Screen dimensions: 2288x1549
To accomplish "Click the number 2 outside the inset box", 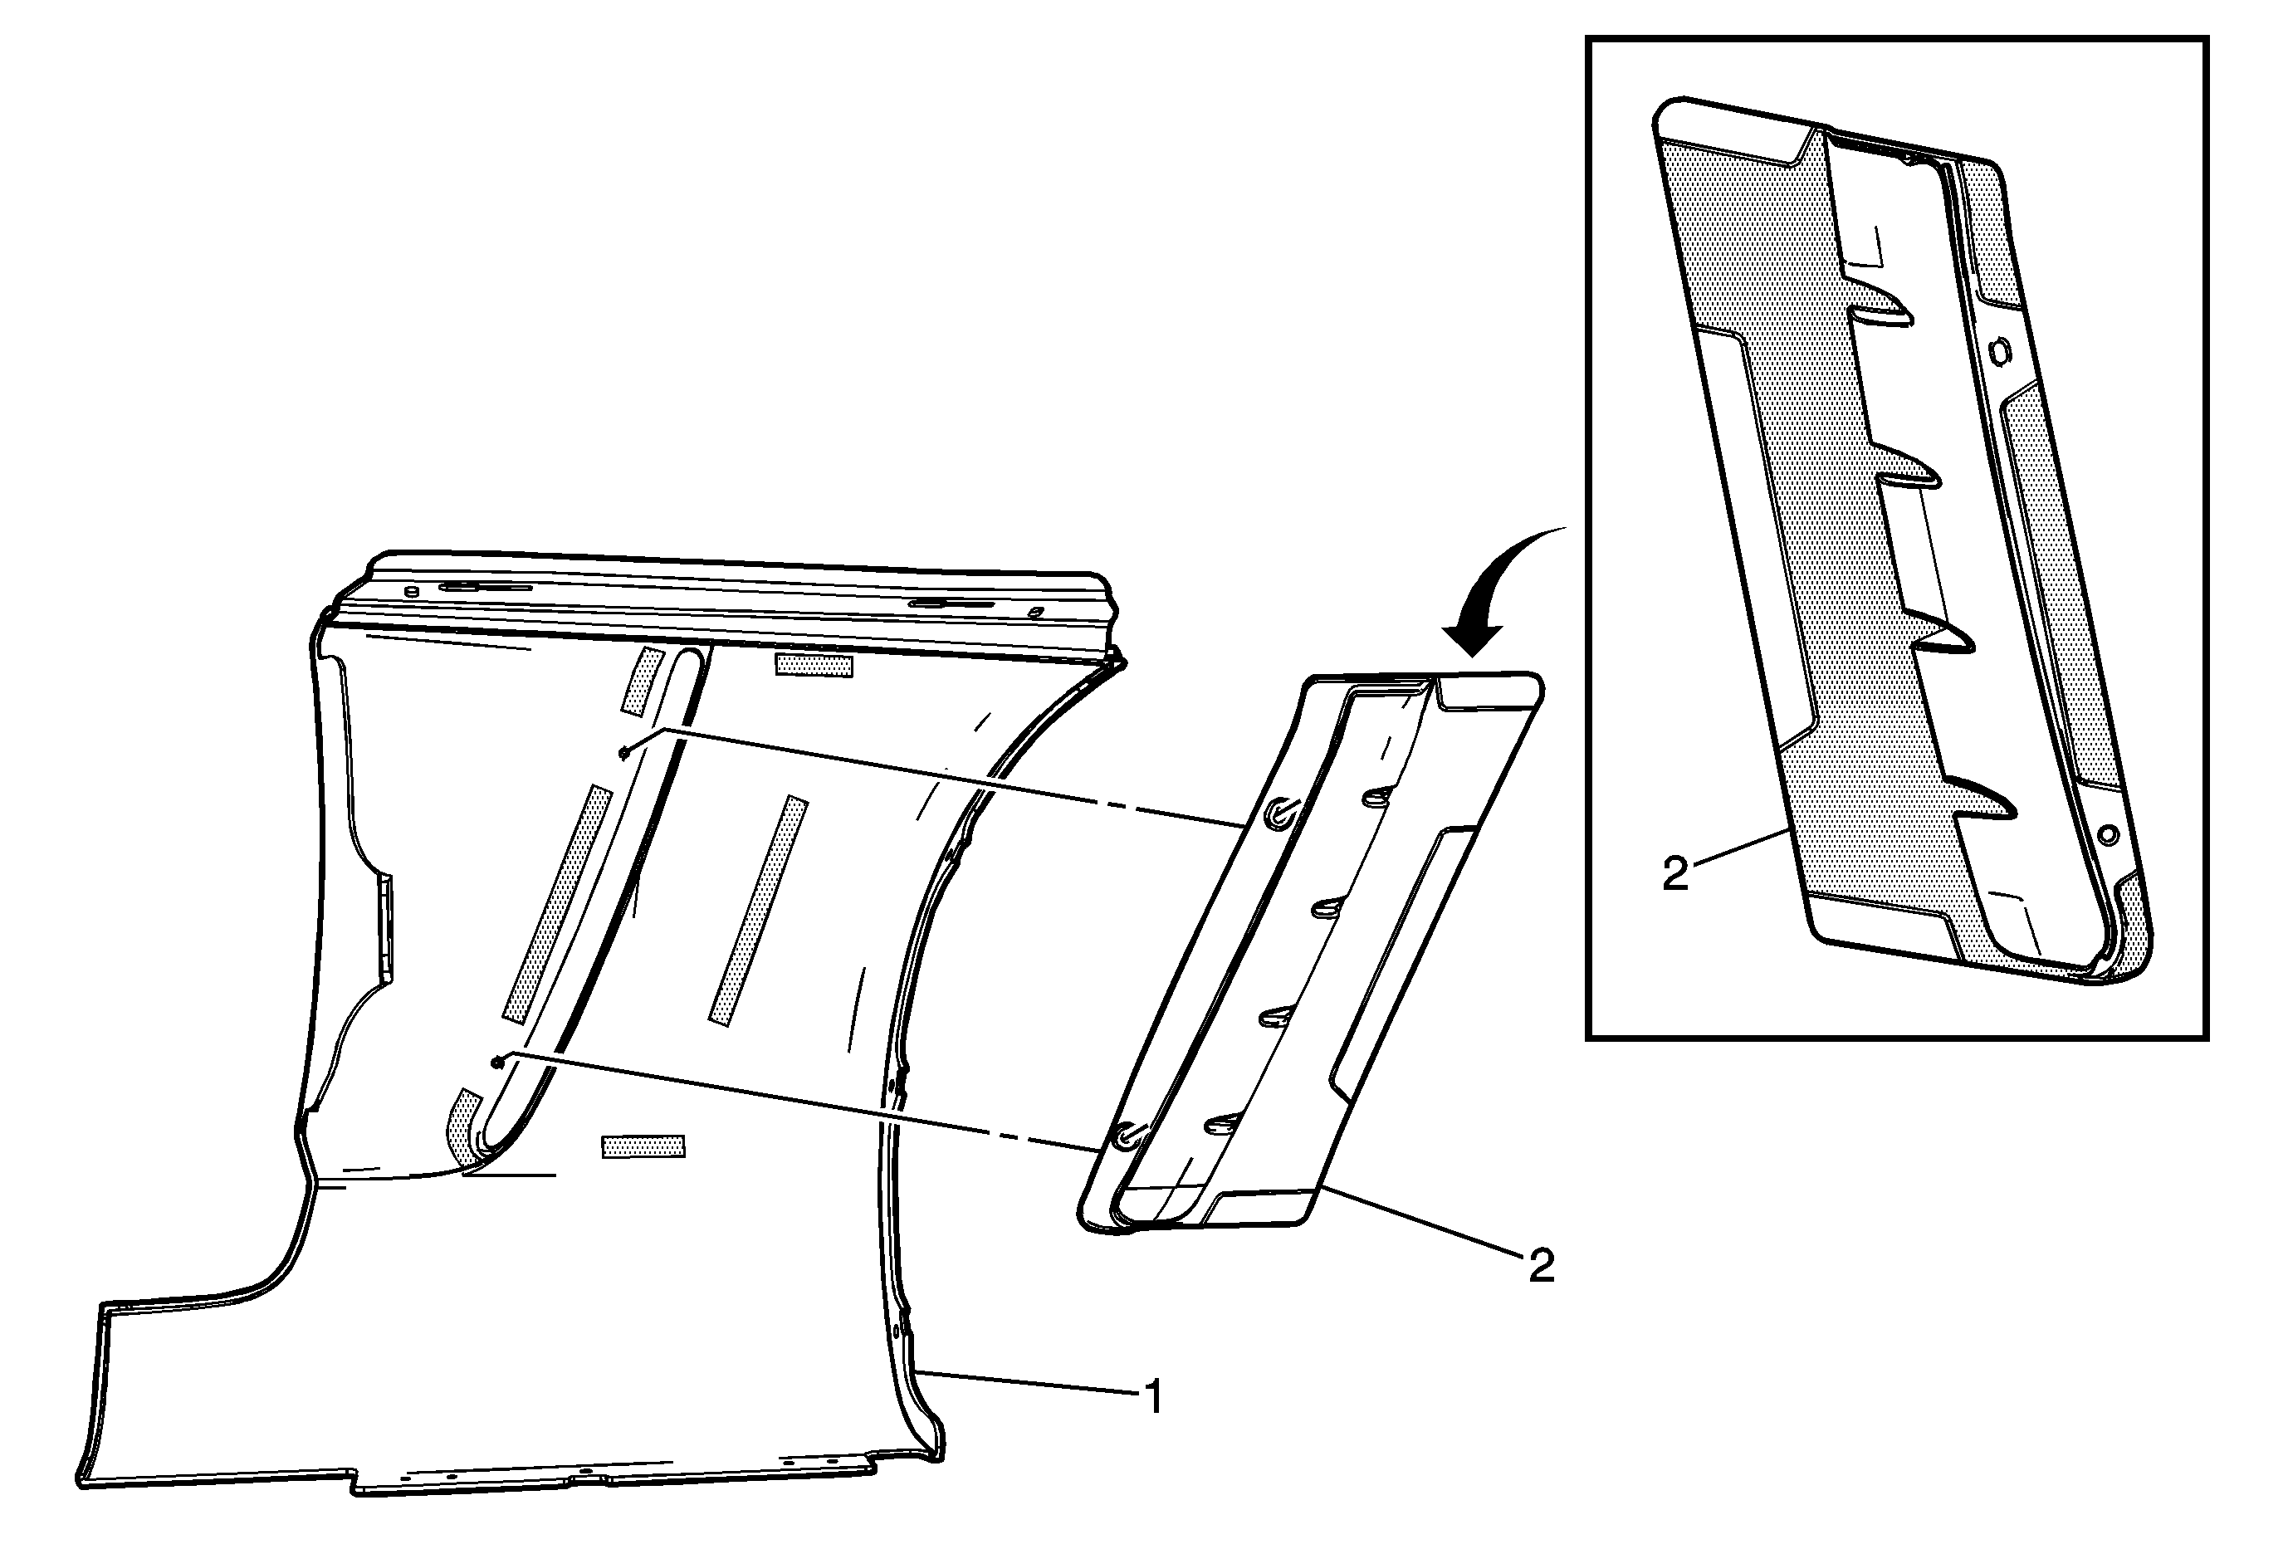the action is [1541, 1266].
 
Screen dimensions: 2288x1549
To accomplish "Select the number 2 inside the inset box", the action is [1674, 874].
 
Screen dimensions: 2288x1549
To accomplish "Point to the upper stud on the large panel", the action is [624, 752].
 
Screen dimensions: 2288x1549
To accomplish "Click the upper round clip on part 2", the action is [1282, 811].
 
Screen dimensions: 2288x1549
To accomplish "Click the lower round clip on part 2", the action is [1127, 1135].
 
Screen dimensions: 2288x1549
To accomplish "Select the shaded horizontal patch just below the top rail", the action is [814, 664].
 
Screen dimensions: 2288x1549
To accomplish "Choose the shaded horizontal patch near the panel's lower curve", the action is [643, 1146].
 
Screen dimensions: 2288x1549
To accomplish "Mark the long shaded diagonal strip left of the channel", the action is [556, 902].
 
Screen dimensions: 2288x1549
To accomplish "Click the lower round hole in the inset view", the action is [2107, 834].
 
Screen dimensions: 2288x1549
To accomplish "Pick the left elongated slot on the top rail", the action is [486, 587].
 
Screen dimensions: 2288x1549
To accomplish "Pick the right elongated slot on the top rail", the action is [952, 603].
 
